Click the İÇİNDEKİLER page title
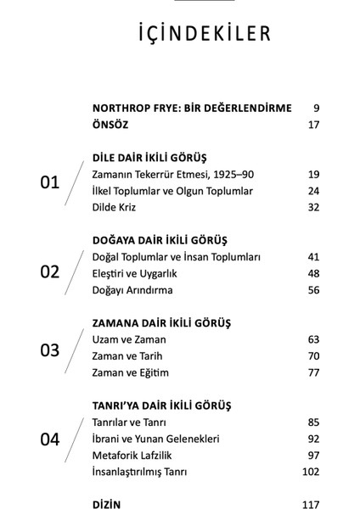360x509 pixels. (x=180, y=33)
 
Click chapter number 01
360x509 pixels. (x=51, y=182)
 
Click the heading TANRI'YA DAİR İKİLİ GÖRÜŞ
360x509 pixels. (x=166, y=406)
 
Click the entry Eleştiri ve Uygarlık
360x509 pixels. (x=140, y=273)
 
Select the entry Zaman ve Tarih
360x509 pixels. (x=129, y=356)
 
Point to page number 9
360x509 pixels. (x=315, y=109)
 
